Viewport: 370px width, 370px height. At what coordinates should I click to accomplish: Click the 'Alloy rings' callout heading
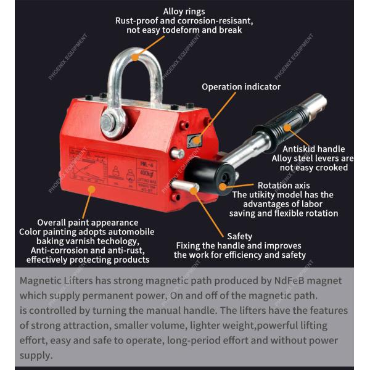coord(184,11)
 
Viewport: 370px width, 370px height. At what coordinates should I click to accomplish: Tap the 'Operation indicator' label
coord(240,87)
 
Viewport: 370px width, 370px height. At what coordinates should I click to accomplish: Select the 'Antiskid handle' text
coord(313,149)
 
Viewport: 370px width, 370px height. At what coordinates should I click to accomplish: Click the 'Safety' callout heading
coord(239,236)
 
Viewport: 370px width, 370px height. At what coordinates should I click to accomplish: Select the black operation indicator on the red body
coord(194,140)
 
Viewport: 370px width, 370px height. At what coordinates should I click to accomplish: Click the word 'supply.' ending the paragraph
coord(36,355)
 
